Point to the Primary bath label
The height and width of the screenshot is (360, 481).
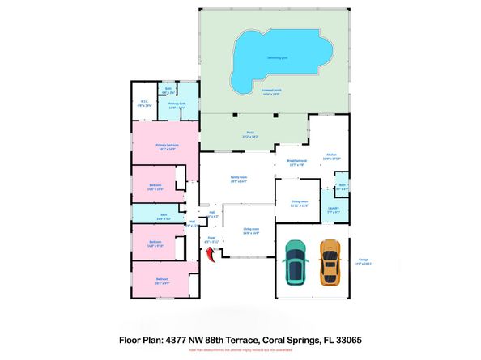(x=178, y=105)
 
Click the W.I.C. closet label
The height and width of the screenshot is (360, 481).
(x=144, y=104)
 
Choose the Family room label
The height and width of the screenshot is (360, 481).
(x=239, y=179)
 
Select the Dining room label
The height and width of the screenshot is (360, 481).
(x=299, y=205)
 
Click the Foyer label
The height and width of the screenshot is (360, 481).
(x=211, y=240)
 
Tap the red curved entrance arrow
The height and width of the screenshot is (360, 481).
(x=212, y=256)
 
